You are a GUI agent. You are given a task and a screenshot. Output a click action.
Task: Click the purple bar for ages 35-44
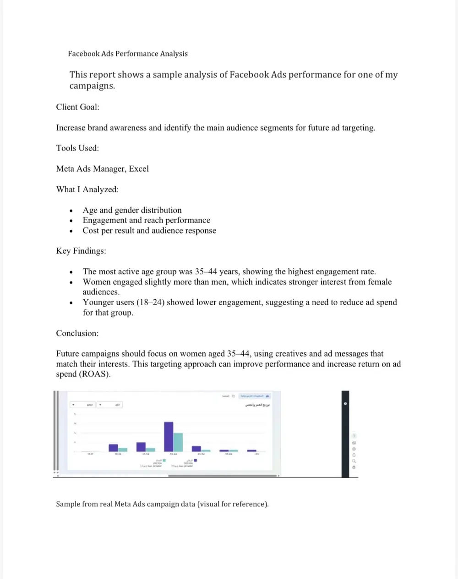click(169, 436)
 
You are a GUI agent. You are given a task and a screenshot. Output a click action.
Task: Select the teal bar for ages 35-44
click(178, 442)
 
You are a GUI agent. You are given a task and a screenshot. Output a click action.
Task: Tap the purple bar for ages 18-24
click(113, 448)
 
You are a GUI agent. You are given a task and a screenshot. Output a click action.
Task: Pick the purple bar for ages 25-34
click(141, 447)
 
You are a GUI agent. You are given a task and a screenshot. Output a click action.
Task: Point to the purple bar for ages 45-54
click(196, 449)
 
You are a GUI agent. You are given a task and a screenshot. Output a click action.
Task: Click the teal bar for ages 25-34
click(151, 450)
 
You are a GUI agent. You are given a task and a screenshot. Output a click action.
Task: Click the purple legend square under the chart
click(196, 460)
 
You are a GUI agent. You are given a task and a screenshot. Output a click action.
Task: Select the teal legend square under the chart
click(164, 460)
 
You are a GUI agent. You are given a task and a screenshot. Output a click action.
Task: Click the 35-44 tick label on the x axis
click(173, 454)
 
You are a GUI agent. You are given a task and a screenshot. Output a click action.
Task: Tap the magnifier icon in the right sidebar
click(354, 461)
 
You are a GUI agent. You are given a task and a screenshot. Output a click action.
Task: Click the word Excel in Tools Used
click(139, 169)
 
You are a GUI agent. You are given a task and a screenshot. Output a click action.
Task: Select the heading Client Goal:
click(77, 107)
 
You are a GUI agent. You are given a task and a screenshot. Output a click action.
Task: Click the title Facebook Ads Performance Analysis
click(128, 54)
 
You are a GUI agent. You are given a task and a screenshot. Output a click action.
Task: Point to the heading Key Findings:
click(81, 251)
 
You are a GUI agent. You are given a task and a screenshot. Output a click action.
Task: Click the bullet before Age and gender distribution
click(71, 211)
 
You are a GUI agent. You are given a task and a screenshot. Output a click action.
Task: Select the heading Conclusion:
click(77, 334)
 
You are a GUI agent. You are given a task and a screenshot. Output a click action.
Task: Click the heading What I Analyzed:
click(87, 189)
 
